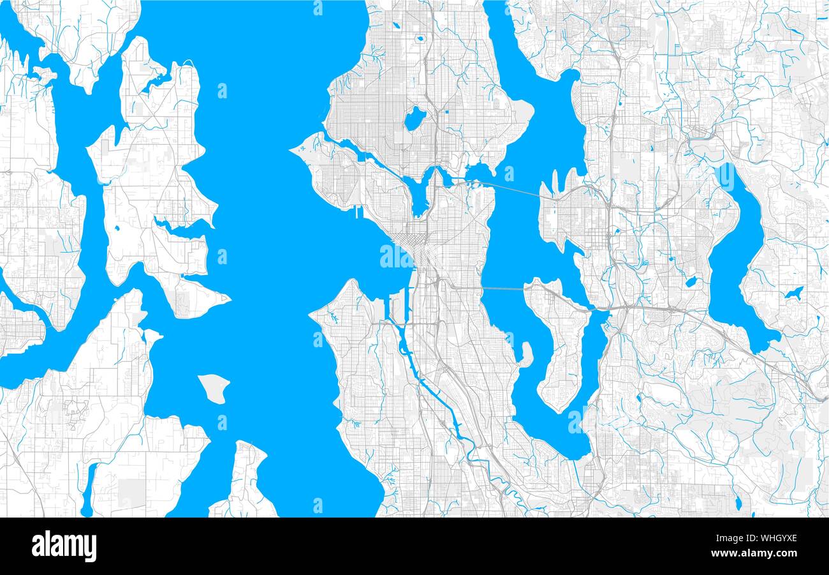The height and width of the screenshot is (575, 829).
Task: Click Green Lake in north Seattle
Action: coord(415,118)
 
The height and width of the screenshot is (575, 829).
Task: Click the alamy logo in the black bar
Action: coord(64,546)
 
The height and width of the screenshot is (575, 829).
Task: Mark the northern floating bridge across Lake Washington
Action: coord(510,187)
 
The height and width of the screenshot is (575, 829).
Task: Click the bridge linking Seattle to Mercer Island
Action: coord(504,289)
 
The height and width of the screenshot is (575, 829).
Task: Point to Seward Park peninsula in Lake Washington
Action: coord(527,354)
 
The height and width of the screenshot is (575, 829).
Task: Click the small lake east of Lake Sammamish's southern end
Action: coord(793,293)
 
